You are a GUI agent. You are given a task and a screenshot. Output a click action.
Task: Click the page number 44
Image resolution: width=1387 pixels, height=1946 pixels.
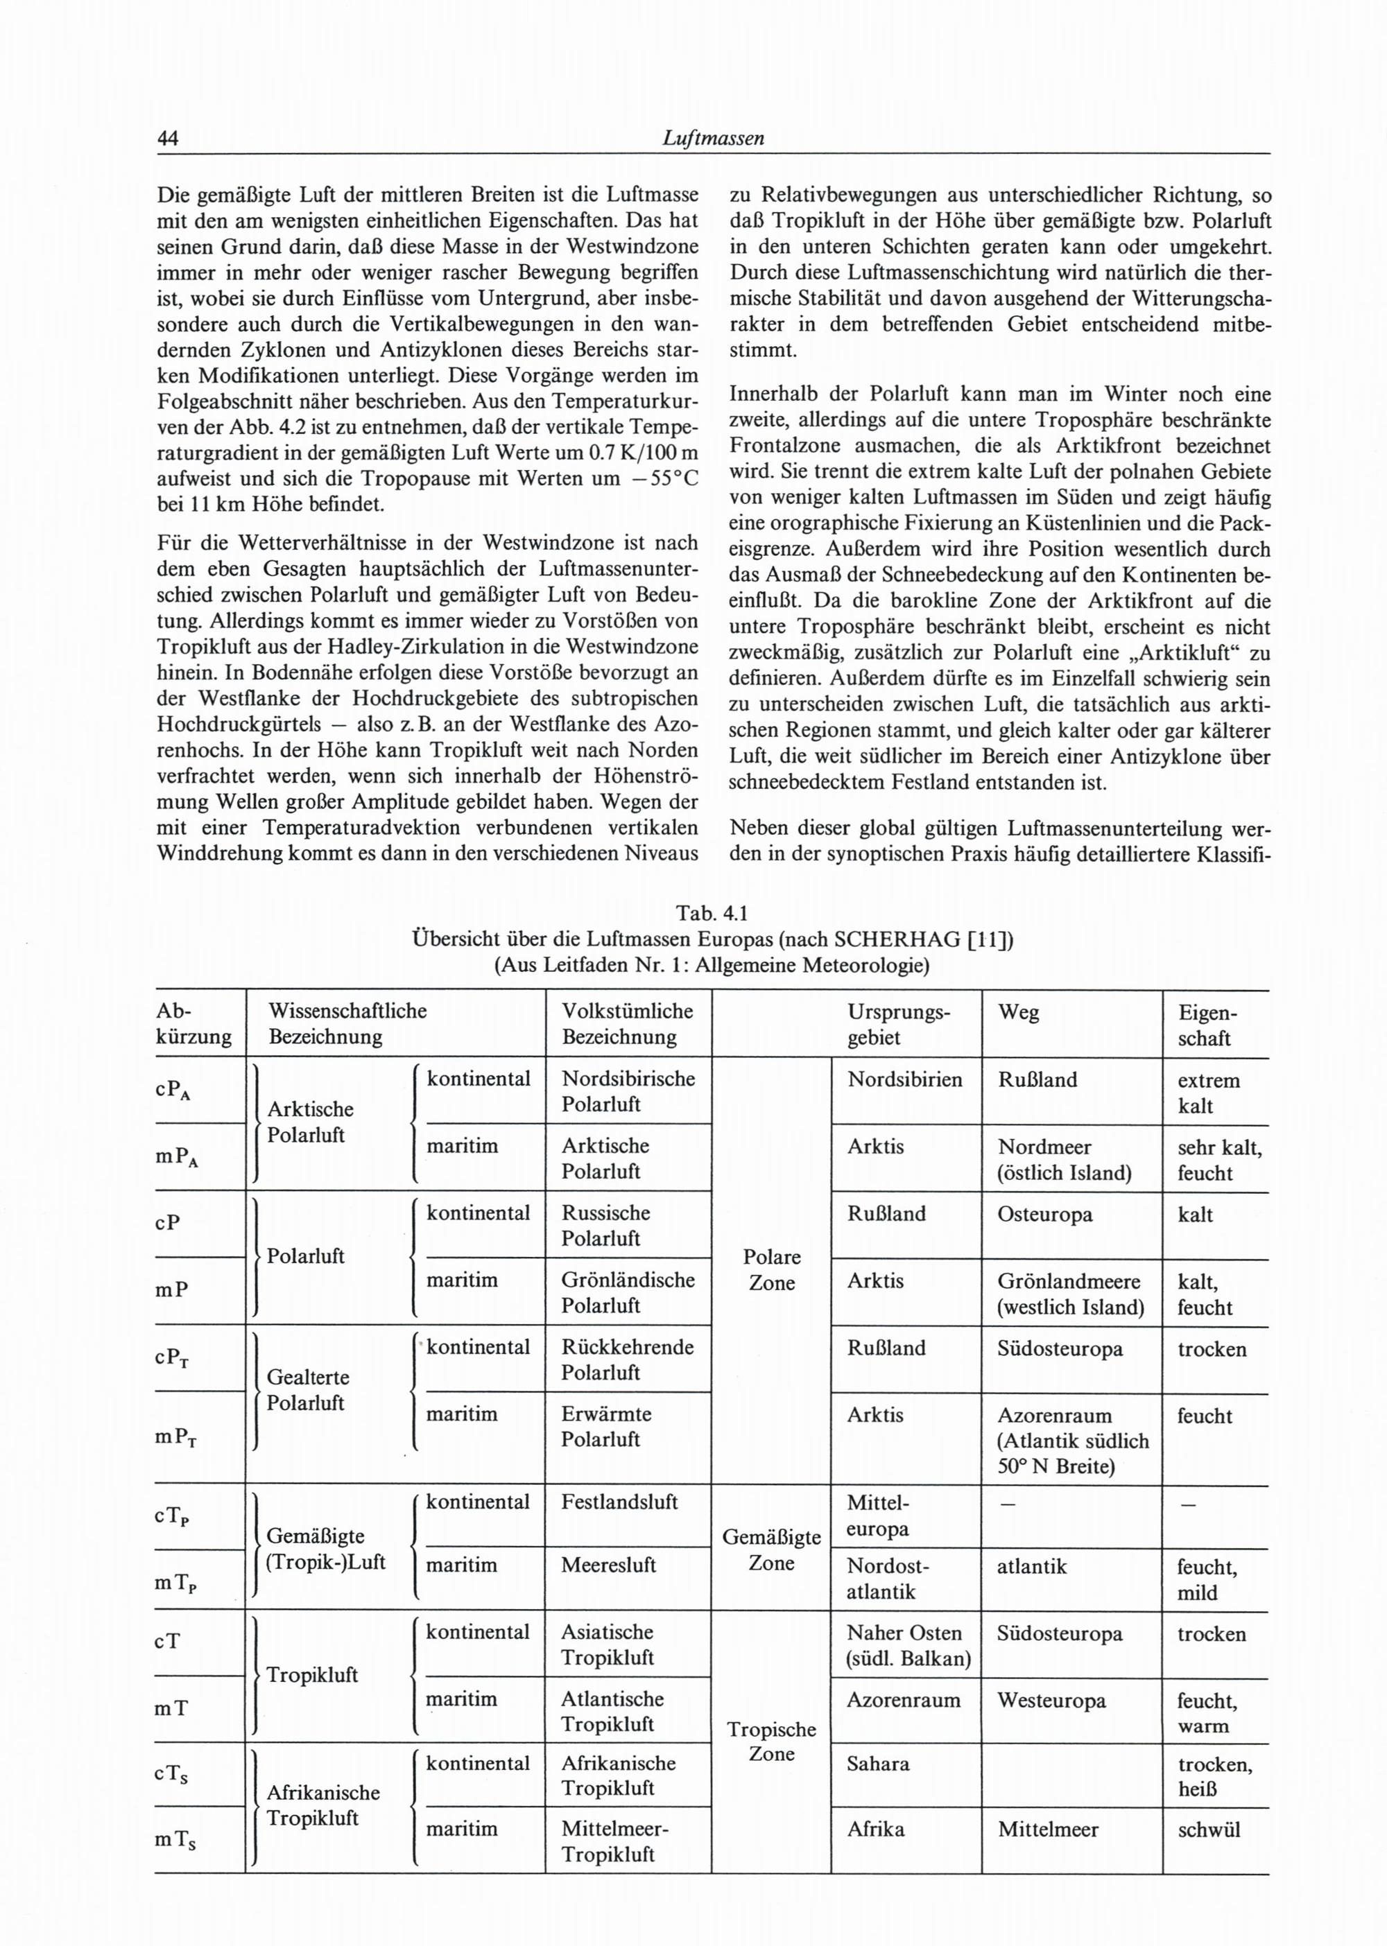tap(166, 139)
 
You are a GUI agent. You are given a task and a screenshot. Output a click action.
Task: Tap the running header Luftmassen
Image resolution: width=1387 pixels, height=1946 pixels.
tap(712, 139)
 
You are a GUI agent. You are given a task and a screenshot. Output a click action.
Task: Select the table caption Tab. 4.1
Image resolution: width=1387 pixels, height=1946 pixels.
tap(712, 914)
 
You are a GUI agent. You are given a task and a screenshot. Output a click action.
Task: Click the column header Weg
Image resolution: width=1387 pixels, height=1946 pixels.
tap(1018, 1012)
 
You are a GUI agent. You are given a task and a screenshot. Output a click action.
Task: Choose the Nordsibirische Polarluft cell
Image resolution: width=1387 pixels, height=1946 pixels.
tap(628, 1091)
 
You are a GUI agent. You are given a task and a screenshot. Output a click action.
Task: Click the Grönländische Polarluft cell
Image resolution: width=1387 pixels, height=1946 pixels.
tap(628, 1292)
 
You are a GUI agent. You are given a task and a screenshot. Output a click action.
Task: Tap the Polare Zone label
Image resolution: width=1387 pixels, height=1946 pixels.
tap(771, 1270)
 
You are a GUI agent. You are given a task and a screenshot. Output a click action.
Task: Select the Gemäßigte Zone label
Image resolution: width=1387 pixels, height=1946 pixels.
tap(771, 1550)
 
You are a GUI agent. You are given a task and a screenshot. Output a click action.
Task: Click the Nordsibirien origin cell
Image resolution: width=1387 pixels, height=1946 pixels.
tap(904, 1079)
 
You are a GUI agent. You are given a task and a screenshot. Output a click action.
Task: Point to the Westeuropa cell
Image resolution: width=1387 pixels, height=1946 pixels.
tap(1051, 1700)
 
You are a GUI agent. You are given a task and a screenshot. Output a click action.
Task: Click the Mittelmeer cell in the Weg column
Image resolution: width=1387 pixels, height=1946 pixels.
tap(1048, 1829)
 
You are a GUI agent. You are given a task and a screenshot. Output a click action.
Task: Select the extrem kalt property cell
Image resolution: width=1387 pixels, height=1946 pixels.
tap(1207, 1093)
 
